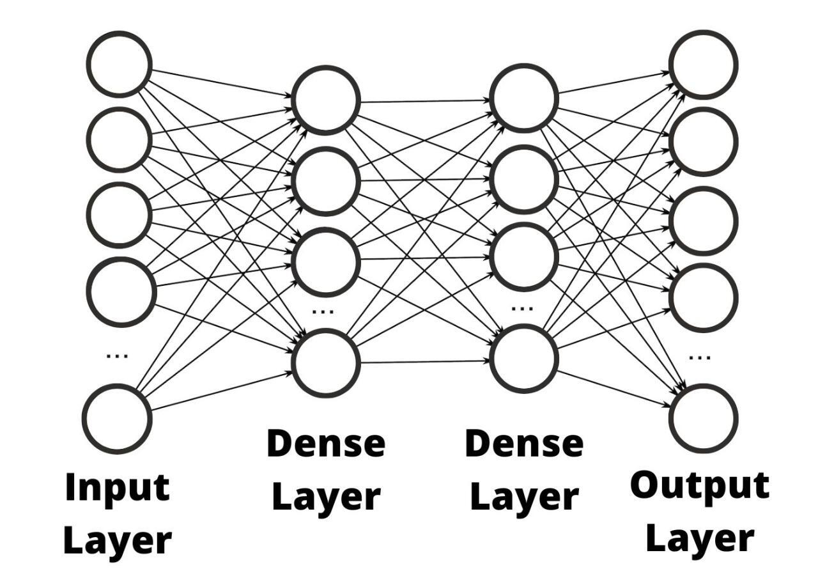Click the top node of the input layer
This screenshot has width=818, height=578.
(x=120, y=64)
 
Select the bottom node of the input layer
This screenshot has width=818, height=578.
(x=117, y=418)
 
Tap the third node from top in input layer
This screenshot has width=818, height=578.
(x=120, y=215)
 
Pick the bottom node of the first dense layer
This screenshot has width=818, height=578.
(x=326, y=363)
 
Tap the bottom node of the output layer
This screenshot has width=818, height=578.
(x=703, y=418)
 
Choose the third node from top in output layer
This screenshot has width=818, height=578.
(x=703, y=221)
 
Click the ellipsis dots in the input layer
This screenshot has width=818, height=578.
(x=117, y=355)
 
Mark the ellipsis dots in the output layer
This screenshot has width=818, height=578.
(x=700, y=357)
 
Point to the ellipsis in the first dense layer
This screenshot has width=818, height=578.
(x=323, y=311)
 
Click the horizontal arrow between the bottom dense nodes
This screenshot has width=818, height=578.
(x=425, y=362)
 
